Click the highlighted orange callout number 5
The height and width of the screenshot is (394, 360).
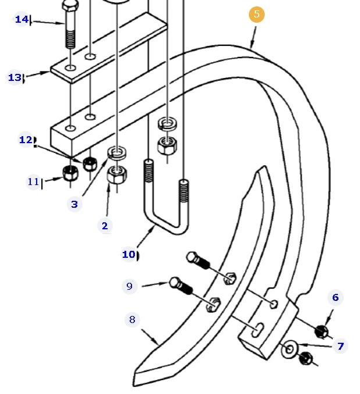tap(256, 15)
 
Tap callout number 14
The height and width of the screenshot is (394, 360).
tap(22, 20)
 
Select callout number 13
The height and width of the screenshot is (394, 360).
tap(15, 77)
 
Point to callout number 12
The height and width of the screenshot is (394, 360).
tap(26, 140)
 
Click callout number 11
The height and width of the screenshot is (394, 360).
tap(33, 182)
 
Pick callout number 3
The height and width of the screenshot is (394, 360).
tap(74, 204)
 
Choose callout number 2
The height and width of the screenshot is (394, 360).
tap(105, 226)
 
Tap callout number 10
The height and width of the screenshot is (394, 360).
tap(129, 254)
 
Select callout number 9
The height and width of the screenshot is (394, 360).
tap(129, 286)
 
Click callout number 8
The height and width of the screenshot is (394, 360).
tap(132, 320)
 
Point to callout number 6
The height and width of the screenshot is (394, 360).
tap(335, 298)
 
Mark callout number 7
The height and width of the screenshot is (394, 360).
tap(340, 346)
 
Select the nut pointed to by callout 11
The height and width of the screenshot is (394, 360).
tap(70, 172)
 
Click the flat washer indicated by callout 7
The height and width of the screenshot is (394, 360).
tap(289, 350)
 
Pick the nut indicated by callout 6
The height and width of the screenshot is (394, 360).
tap(320, 332)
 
